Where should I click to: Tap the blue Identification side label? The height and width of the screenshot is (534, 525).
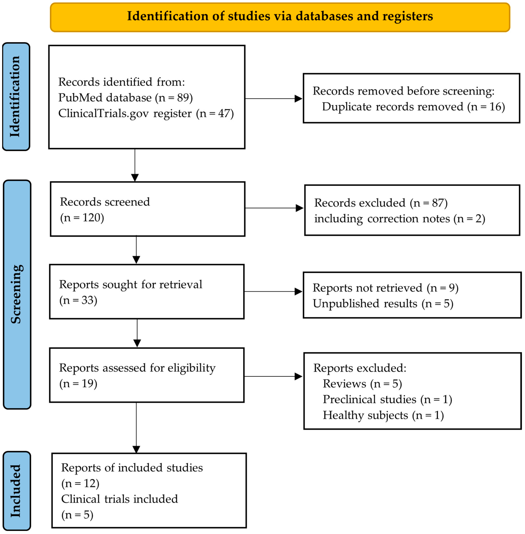(x=16, y=96)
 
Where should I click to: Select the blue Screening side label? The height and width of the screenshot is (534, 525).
(x=17, y=294)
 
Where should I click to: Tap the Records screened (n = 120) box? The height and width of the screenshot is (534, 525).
(x=147, y=209)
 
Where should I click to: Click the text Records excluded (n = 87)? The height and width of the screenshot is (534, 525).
(x=381, y=203)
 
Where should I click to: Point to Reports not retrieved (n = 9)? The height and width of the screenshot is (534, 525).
(x=385, y=288)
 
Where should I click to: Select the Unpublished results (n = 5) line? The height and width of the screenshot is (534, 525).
(x=383, y=304)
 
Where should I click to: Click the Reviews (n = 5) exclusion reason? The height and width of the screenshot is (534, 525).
(x=362, y=384)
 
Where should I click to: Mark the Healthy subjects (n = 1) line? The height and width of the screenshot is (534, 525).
(x=383, y=415)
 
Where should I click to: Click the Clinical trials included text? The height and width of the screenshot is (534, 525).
(x=119, y=499)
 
